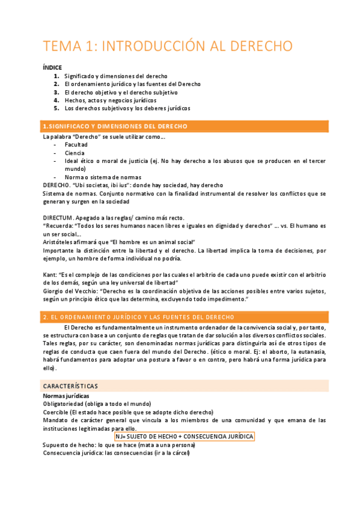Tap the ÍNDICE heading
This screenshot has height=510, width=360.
tap(52, 67)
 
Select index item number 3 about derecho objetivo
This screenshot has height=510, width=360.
tap(121, 93)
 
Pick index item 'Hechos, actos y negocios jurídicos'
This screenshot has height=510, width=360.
tap(111, 100)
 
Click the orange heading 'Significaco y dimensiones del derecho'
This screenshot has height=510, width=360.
tap(115, 126)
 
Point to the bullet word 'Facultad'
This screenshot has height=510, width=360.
tap(76, 145)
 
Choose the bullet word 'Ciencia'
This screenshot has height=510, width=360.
tap(75, 153)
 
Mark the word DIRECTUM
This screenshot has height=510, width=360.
tap(58, 217)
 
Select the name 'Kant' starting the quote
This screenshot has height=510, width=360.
tap(49, 274)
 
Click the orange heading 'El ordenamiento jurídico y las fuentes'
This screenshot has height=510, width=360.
tap(139, 317)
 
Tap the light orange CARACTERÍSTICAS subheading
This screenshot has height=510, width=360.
tap(70, 386)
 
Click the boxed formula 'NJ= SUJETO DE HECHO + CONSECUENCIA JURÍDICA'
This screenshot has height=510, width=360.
tap(185, 436)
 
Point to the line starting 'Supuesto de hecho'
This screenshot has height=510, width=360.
tap(119, 445)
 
